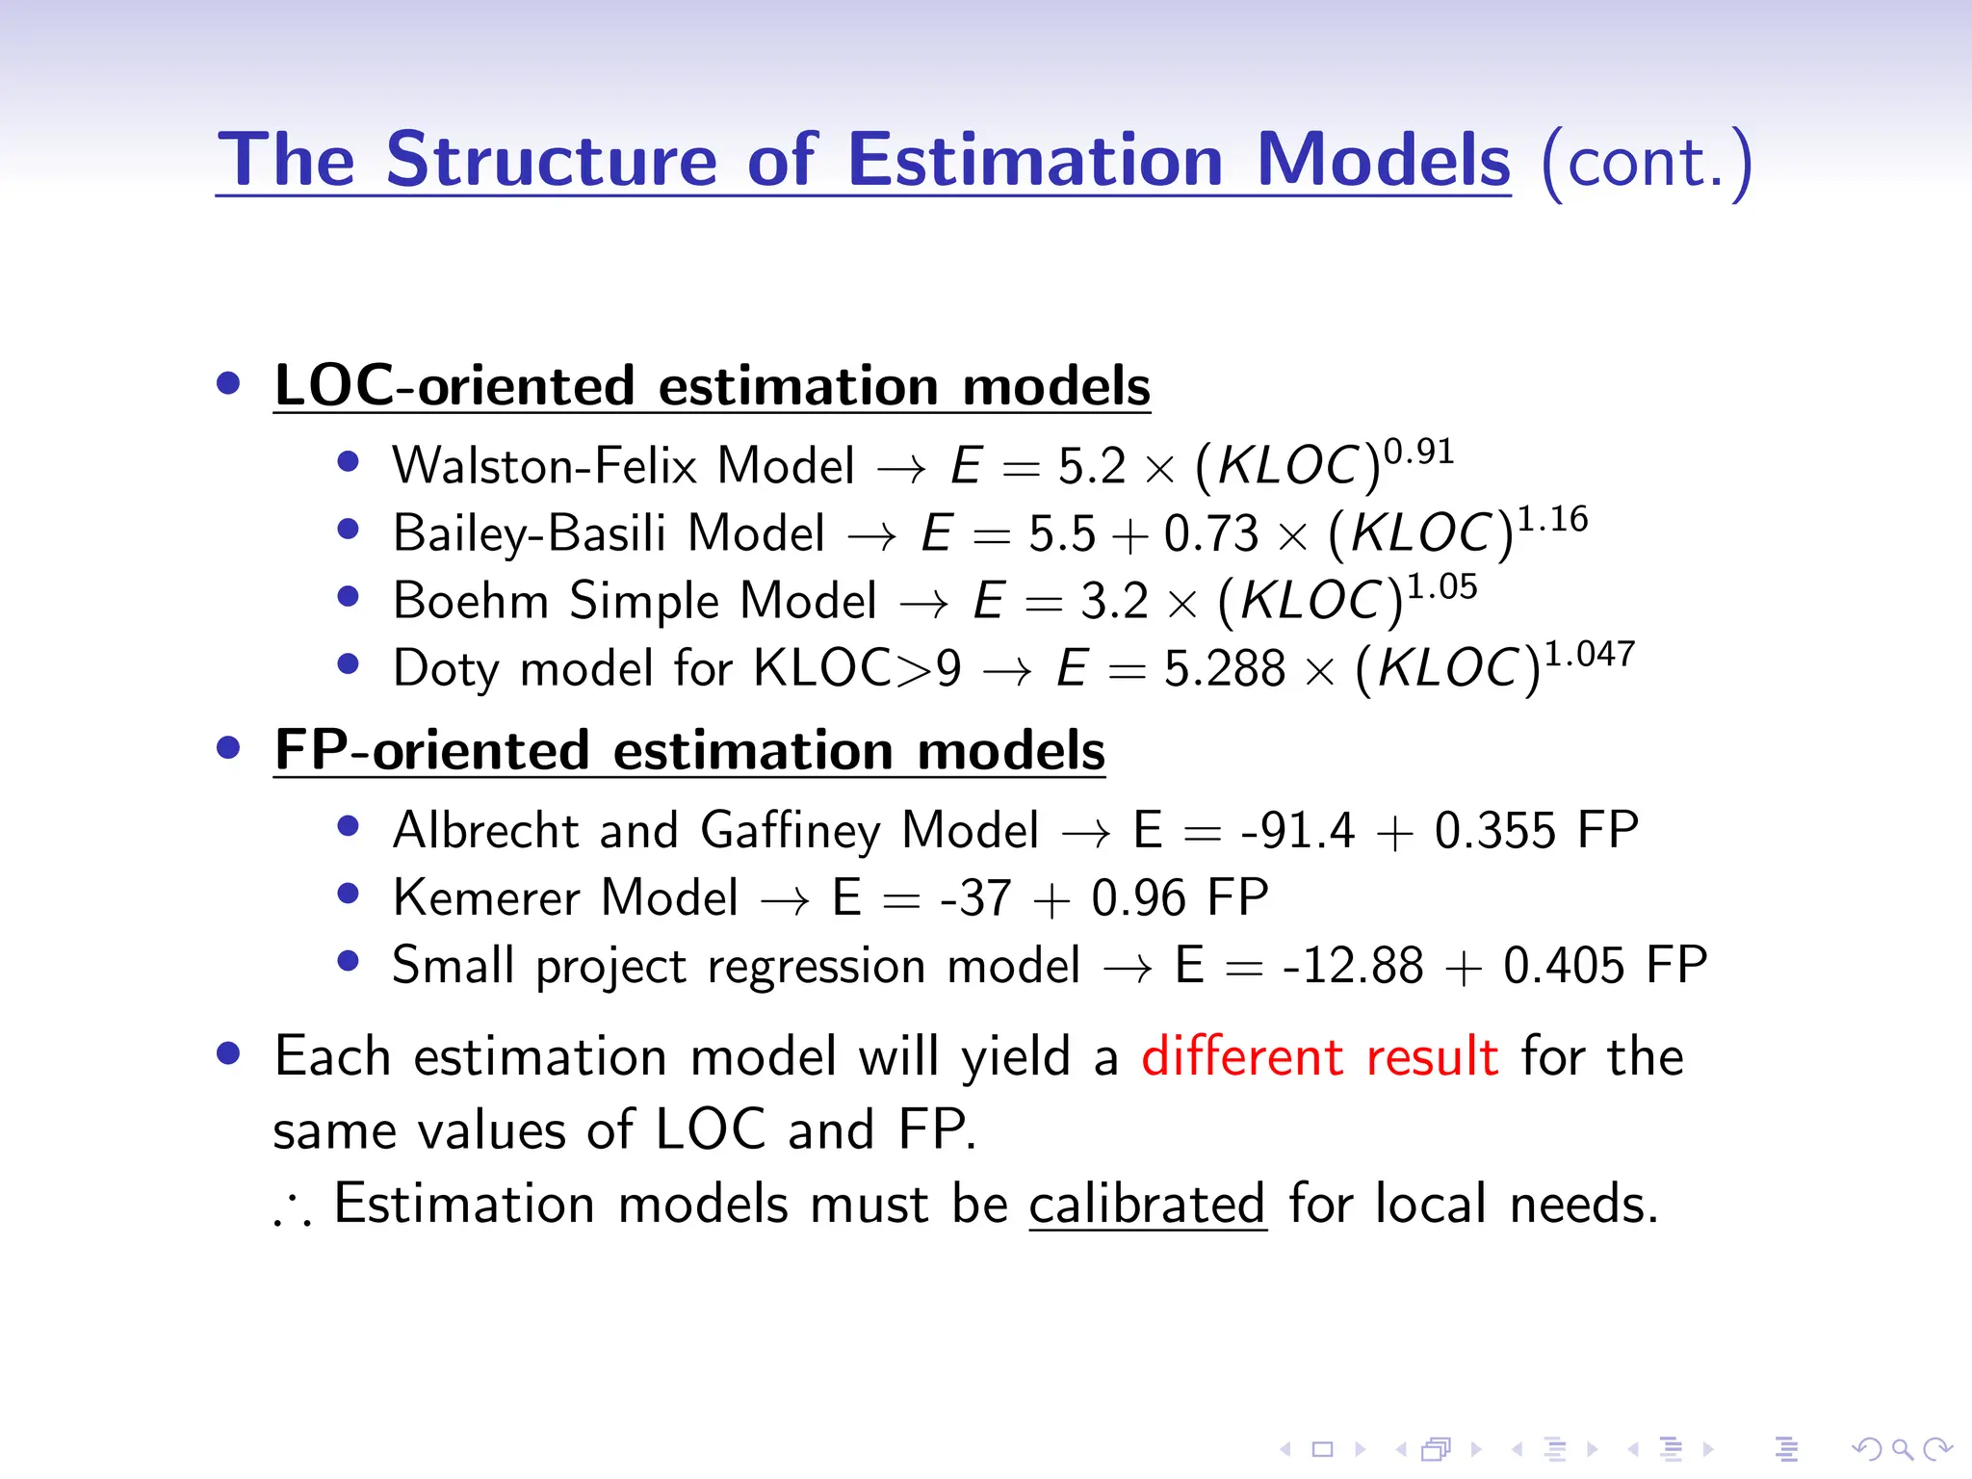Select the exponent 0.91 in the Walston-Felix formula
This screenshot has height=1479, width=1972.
[1418, 451]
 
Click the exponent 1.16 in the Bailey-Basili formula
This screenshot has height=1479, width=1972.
[1552, 519]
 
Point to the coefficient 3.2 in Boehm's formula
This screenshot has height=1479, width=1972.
[1114, 601]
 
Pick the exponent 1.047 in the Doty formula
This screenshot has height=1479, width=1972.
[1590, 654]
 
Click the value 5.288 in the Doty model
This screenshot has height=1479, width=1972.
[1224, 668]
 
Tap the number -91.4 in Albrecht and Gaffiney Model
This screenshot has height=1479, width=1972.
[1297, 831]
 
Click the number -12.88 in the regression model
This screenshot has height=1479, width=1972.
[1352, 966]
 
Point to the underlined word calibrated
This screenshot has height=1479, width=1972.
[1147, 1205]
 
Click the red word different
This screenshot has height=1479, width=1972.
[1241, 1056]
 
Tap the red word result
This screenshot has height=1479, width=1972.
[1432, 1056]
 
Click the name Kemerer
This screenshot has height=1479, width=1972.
[486, 898]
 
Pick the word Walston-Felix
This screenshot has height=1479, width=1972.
[544, 466]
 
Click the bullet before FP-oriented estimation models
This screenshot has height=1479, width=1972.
[228, 748]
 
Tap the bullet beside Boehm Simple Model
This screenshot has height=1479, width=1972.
[349, 597]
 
